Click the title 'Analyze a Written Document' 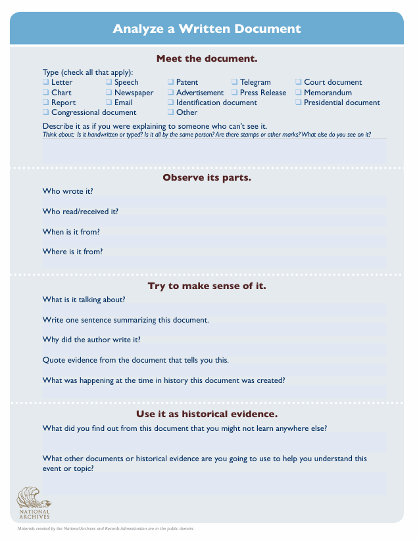tap(207, 29)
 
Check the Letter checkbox tap(46, 82)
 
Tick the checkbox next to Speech tap(109, 82)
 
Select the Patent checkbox tap(171, 82)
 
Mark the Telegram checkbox tap(235, 82)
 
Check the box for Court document tap(299, 82)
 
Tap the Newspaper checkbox tap(109, 93)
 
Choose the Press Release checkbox tap(235, 93)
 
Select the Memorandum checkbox tap(299, 93)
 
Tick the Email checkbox tap(109, 102)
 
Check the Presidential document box tap(299, 102)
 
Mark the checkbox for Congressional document tap(46, 112)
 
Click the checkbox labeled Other tap(171, 112)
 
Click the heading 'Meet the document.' tap(207, 58)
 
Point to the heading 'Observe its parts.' tap(207, 178)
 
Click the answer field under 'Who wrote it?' tap(214, 201)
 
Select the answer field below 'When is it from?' tap(214, 242)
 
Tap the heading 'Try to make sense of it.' tap(207, 286)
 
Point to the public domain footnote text tap(105, 528)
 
